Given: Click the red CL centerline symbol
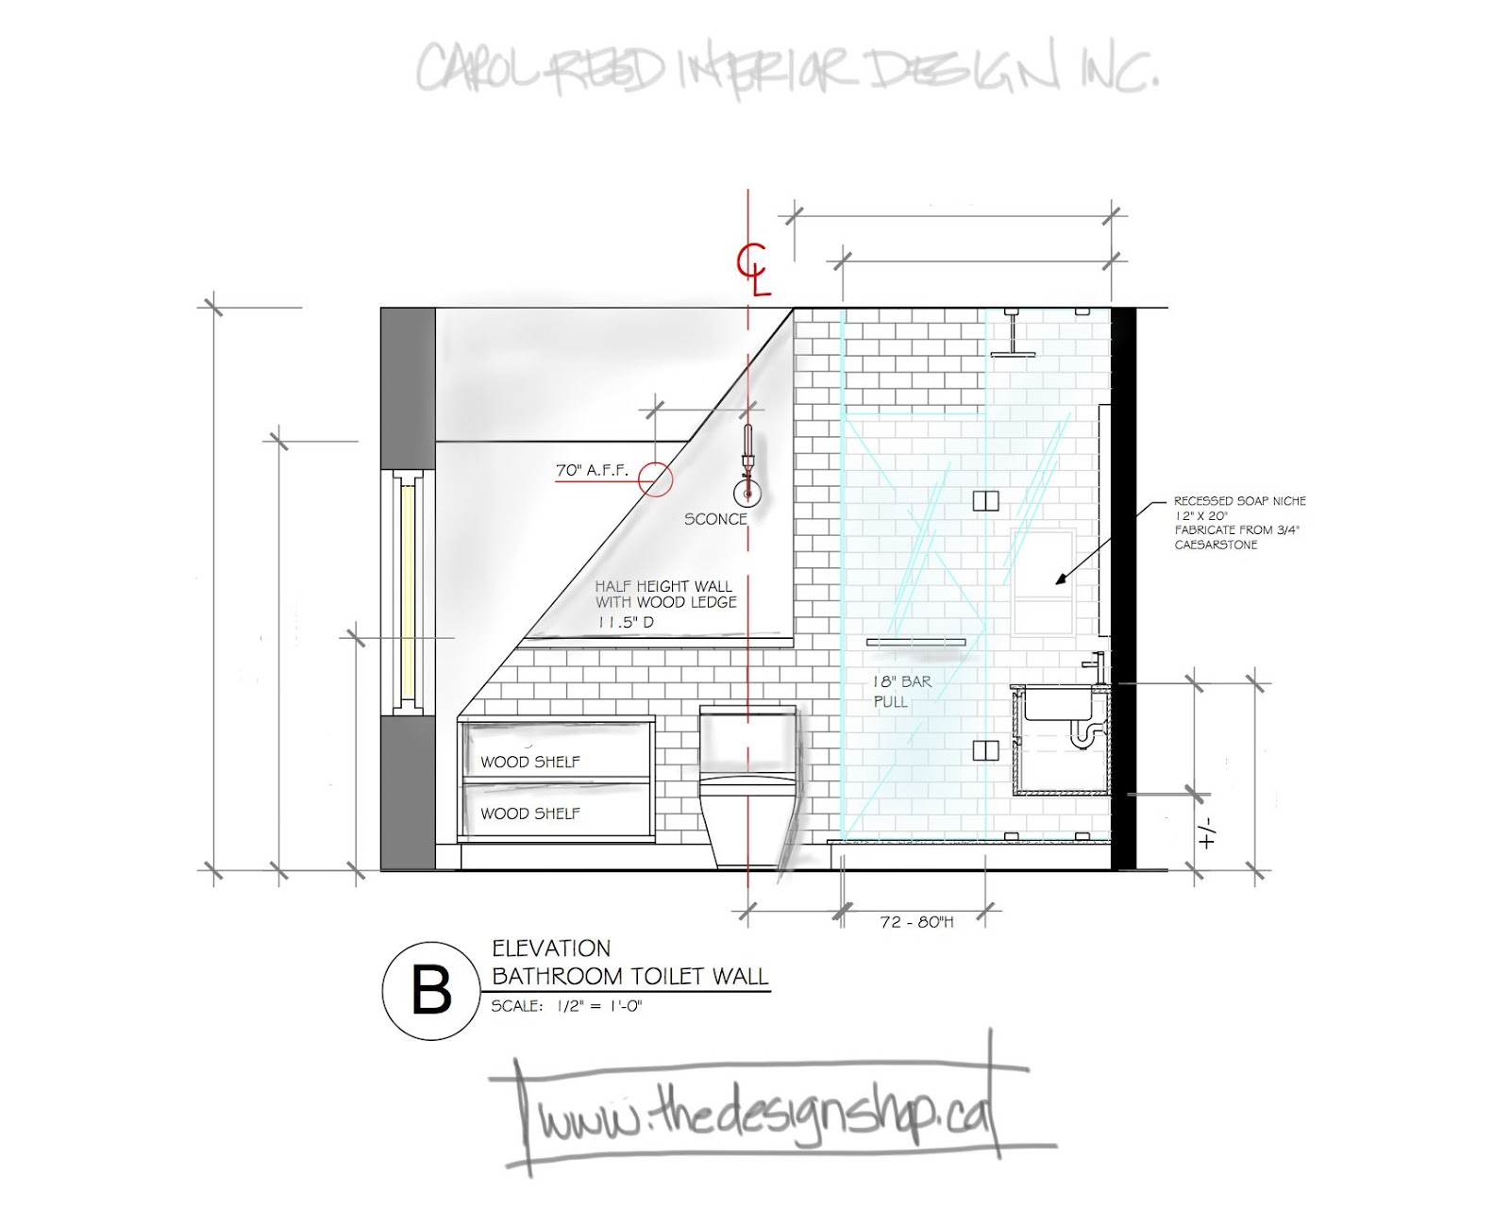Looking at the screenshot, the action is (x=753, y=269).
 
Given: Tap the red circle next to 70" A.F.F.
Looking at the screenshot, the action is (x=655, y=478).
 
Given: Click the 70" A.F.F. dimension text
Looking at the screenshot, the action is (x=592, y=470).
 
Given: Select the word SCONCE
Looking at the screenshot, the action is (x=715, y=519).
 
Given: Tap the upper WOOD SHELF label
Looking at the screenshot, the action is (x=530, y=762).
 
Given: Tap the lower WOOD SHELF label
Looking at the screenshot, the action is (x=530, y=814).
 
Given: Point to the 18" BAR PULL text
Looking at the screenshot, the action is (x=900, y=691).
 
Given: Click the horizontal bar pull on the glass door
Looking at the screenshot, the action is (x=915, y=643).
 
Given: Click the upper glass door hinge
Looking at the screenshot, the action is (x=985, y=500).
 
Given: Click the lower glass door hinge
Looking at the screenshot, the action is (x=985, y=751).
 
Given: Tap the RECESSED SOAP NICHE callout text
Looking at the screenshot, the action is (x=1238, y=523).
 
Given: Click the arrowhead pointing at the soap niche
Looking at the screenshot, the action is (x=1062, y=579).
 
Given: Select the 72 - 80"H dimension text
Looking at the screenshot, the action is (x=916, y=922).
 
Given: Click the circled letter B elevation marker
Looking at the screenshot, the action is (x=431, y=991).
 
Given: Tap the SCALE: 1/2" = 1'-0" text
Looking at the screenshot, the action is (x=566, y=1006).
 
